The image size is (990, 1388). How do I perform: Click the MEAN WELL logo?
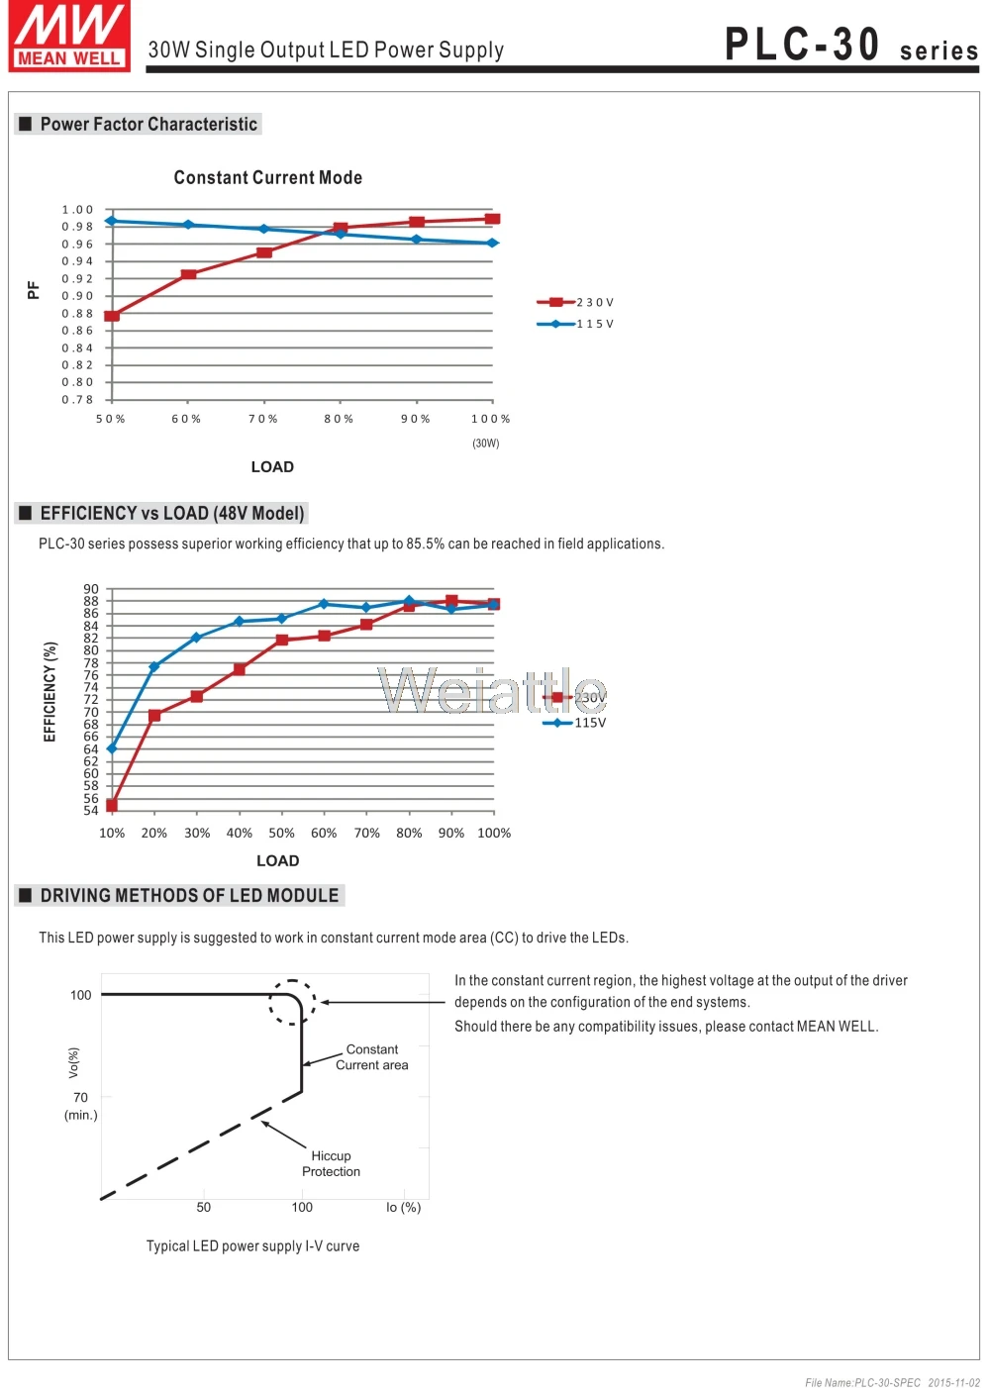tap(69, 36)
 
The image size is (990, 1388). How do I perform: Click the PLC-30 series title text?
tap(851, 44)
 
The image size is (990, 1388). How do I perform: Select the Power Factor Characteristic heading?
tap(148, 124)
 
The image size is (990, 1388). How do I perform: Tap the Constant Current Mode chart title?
tap(267, 178)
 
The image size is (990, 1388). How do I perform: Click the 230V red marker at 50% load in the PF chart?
tap(112, 316)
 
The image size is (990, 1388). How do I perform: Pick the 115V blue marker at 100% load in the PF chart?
tap(492, 243)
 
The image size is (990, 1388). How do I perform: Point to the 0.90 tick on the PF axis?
tap(77, 296)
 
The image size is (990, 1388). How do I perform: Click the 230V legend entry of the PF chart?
tap(575, 302)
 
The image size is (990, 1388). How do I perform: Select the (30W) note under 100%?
tap(486, 444)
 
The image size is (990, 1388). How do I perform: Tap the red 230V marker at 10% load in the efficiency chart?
tap(112, 806)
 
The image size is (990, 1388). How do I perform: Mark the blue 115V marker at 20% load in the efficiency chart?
tap(154, 666)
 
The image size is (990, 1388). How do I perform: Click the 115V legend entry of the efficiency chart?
tap(574, 723)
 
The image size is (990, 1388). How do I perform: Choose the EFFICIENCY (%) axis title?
tap(49, 691)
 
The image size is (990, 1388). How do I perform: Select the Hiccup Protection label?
tap(331, 1163)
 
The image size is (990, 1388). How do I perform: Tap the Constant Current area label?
tap(371, 1057)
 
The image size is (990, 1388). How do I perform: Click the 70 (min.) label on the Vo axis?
tap(80, 1106)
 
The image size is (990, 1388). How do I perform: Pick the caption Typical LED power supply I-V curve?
tap(252, 1246)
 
